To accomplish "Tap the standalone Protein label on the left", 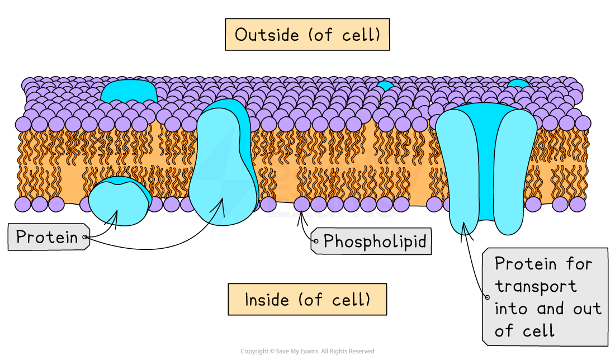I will point(46,237).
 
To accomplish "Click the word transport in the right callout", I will point(536,286).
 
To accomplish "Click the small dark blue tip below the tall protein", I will point(213,229).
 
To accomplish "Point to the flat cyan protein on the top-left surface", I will point(129,91).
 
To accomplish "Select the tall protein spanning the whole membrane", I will point(223,162).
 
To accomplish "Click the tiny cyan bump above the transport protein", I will point(518,84).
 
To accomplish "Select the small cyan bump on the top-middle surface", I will point(385,86).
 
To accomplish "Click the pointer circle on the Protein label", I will point(85,238).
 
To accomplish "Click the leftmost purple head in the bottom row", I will point(23,204).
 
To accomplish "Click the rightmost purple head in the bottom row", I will point(577,204).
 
